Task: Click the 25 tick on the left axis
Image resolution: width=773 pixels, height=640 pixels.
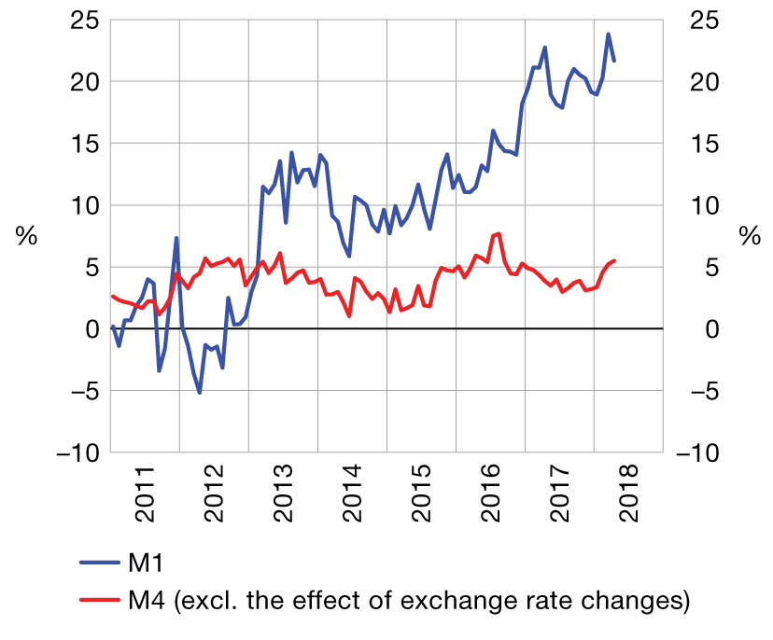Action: point(83,20)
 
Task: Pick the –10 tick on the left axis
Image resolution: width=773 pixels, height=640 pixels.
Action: point(75,452)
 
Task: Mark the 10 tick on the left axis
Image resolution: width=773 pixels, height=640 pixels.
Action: point(83,205)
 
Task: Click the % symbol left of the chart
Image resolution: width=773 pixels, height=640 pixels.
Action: point(26,236)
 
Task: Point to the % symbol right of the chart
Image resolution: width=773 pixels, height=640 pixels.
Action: point(750,236)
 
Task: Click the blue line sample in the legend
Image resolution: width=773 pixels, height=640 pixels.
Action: point(97,563)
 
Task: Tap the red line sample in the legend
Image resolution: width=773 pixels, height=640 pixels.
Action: point(97,601)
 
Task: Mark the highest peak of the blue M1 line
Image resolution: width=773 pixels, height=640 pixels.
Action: point(609,35)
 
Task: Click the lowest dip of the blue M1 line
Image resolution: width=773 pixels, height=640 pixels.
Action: point(200,393)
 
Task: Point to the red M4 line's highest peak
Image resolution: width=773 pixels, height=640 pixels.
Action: point(499,233)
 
